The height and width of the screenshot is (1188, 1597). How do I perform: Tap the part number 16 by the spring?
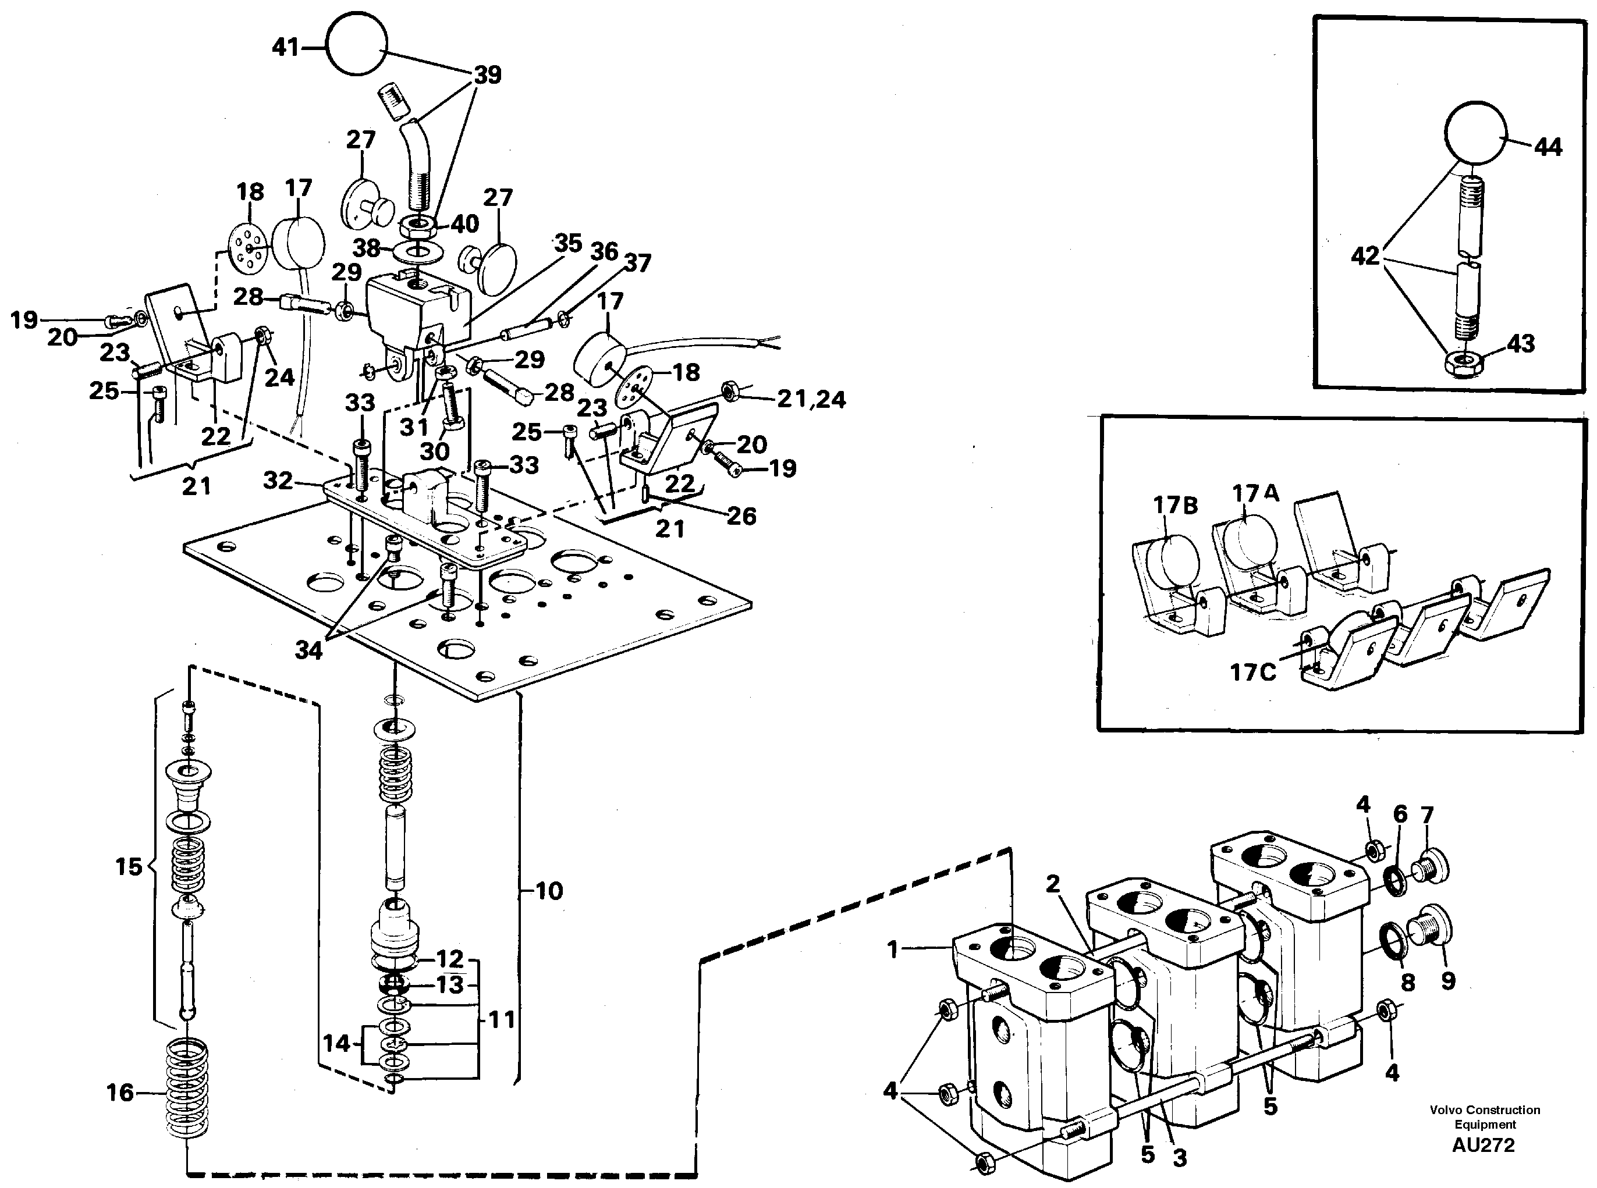(120, 1093)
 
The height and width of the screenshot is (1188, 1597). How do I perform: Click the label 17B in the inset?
(1176, 506)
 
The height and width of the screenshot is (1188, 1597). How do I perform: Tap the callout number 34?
(308, 650)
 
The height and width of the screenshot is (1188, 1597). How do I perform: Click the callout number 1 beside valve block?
(893, 950)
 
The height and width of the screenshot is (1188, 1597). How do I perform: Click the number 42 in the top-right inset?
(1365, 255)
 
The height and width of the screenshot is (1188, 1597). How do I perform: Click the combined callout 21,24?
(811, 399)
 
